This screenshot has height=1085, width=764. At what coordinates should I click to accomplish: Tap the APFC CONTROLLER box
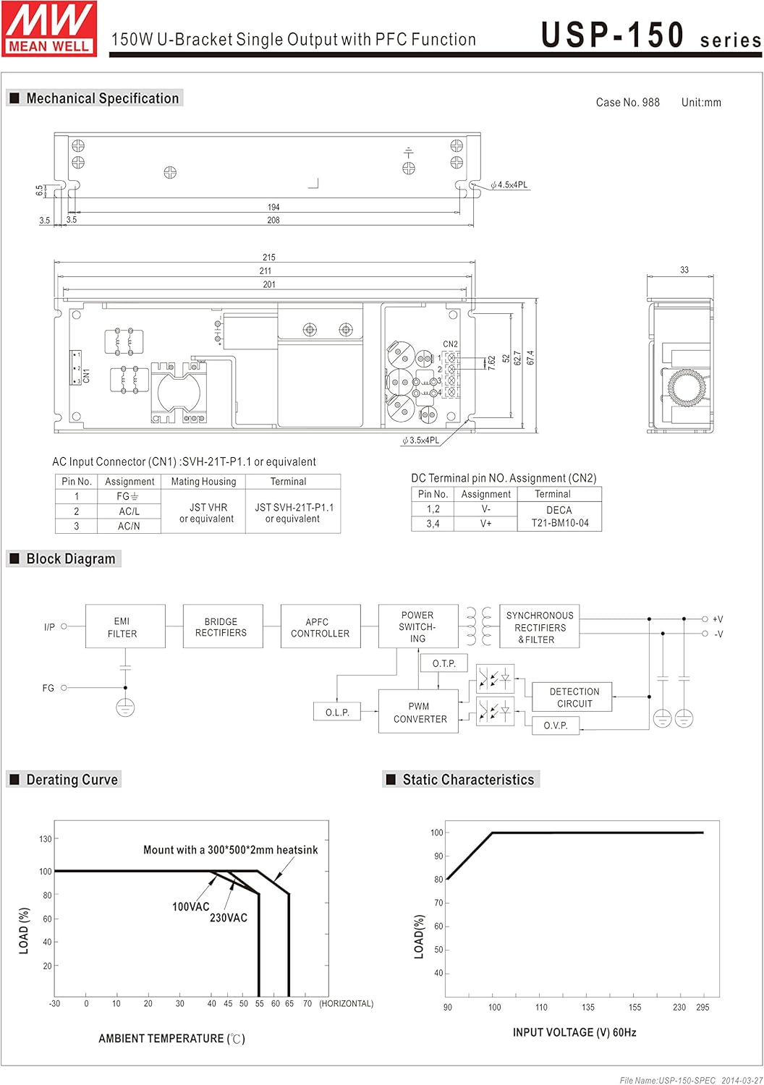320,626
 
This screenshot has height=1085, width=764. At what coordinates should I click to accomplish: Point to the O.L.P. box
337,712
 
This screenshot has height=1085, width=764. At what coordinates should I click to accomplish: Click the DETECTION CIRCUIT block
574,697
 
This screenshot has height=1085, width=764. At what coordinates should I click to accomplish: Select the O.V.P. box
556,725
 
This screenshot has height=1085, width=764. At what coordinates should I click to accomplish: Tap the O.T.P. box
443,663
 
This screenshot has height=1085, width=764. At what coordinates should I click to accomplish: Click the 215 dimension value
269,258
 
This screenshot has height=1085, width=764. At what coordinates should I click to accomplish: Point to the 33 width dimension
684,270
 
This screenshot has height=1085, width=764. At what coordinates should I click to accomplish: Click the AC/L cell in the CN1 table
129,511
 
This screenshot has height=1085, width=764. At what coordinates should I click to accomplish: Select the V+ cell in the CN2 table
485,523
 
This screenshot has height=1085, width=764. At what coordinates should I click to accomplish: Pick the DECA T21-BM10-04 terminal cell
559,516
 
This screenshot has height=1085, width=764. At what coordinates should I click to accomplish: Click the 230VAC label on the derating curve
229,918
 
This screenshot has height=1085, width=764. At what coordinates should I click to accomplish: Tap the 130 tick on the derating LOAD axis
46,839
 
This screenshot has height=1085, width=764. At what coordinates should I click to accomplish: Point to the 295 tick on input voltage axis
703,1007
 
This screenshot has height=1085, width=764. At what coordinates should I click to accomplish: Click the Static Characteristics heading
468,779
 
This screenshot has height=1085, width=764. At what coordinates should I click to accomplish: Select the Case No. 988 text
627,103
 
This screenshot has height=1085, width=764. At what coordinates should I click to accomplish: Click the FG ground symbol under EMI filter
125,707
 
